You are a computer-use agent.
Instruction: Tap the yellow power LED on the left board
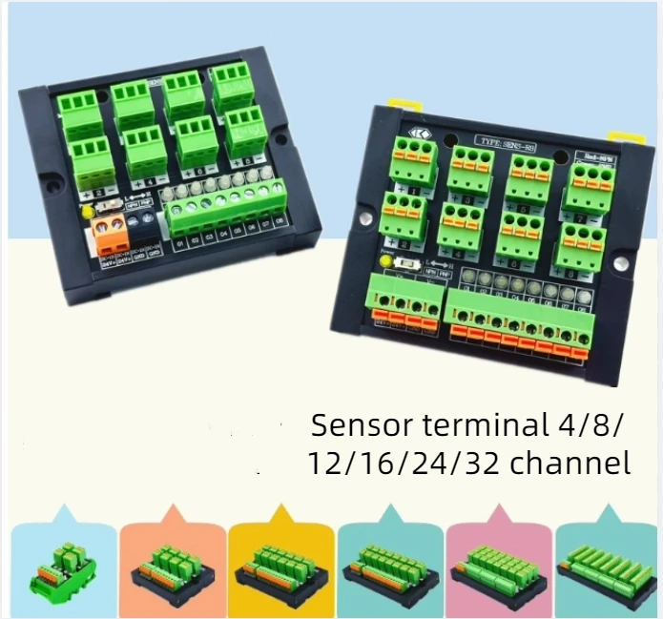[x=88, y=211]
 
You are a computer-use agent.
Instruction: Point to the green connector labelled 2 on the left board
[x=93, y=161]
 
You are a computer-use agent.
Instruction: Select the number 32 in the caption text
[x=483, y=464]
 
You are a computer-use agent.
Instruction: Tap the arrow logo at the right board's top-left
[x=418, y=134]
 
